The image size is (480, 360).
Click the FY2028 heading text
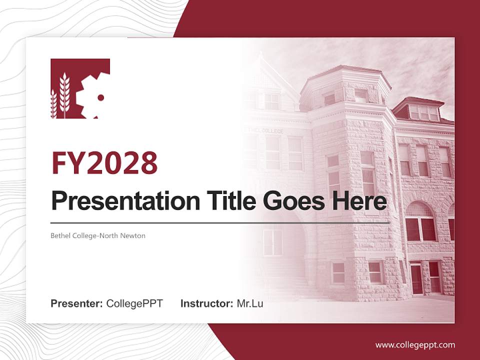click(104, 162)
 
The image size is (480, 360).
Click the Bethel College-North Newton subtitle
click(98, 235)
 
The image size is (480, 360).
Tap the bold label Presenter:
click(77, 303)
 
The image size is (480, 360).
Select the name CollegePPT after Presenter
click(134, 303)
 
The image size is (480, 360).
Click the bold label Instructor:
click(206, 303)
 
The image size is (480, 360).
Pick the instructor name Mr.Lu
click(250, 303)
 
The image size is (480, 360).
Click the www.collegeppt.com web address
click(415, 345)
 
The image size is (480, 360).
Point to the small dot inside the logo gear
click(100, 97)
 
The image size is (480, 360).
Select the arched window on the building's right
click(420, 222)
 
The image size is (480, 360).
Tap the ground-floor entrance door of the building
click(416, 278)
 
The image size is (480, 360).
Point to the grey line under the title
click(220, 222)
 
